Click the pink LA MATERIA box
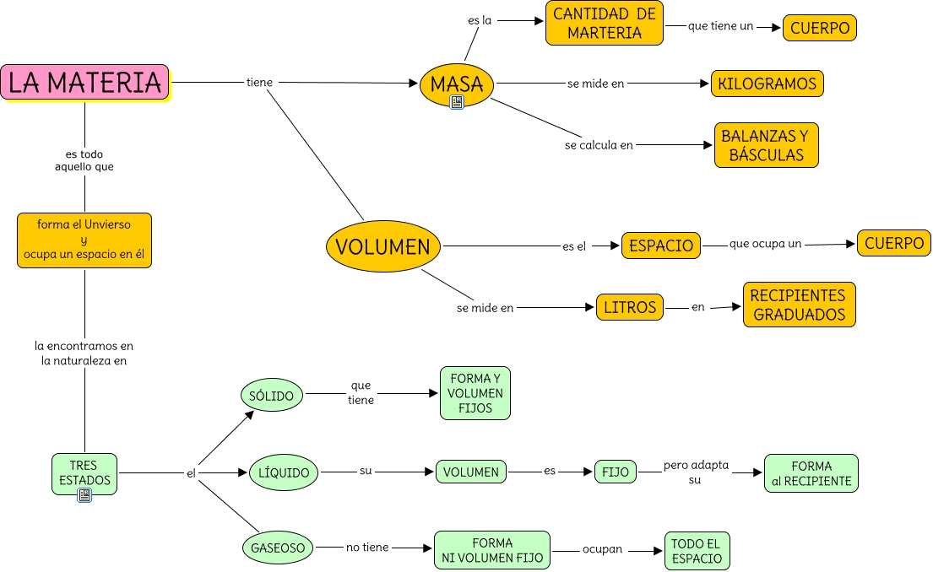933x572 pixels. (84, 82)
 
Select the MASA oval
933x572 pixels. (456, 84)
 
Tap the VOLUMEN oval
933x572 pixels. (382, 246)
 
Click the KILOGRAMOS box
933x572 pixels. (767, 84)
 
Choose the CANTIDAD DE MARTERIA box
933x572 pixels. (604, 24)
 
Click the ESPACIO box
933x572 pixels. (661, 246)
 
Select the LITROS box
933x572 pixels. (629, 307)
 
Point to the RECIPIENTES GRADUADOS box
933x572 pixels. (799, 305)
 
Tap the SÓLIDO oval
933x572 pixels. (271, 395)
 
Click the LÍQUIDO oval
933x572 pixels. (284, 472)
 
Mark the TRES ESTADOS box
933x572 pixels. (84, 473)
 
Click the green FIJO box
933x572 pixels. (616, 472)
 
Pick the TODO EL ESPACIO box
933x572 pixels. (697, 551)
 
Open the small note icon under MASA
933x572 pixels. (457, 102)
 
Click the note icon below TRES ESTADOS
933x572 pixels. (84, 495)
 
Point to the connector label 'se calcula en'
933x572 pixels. (599, 145)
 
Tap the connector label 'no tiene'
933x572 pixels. (367, 548)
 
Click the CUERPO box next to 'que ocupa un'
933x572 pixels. (893, 243)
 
